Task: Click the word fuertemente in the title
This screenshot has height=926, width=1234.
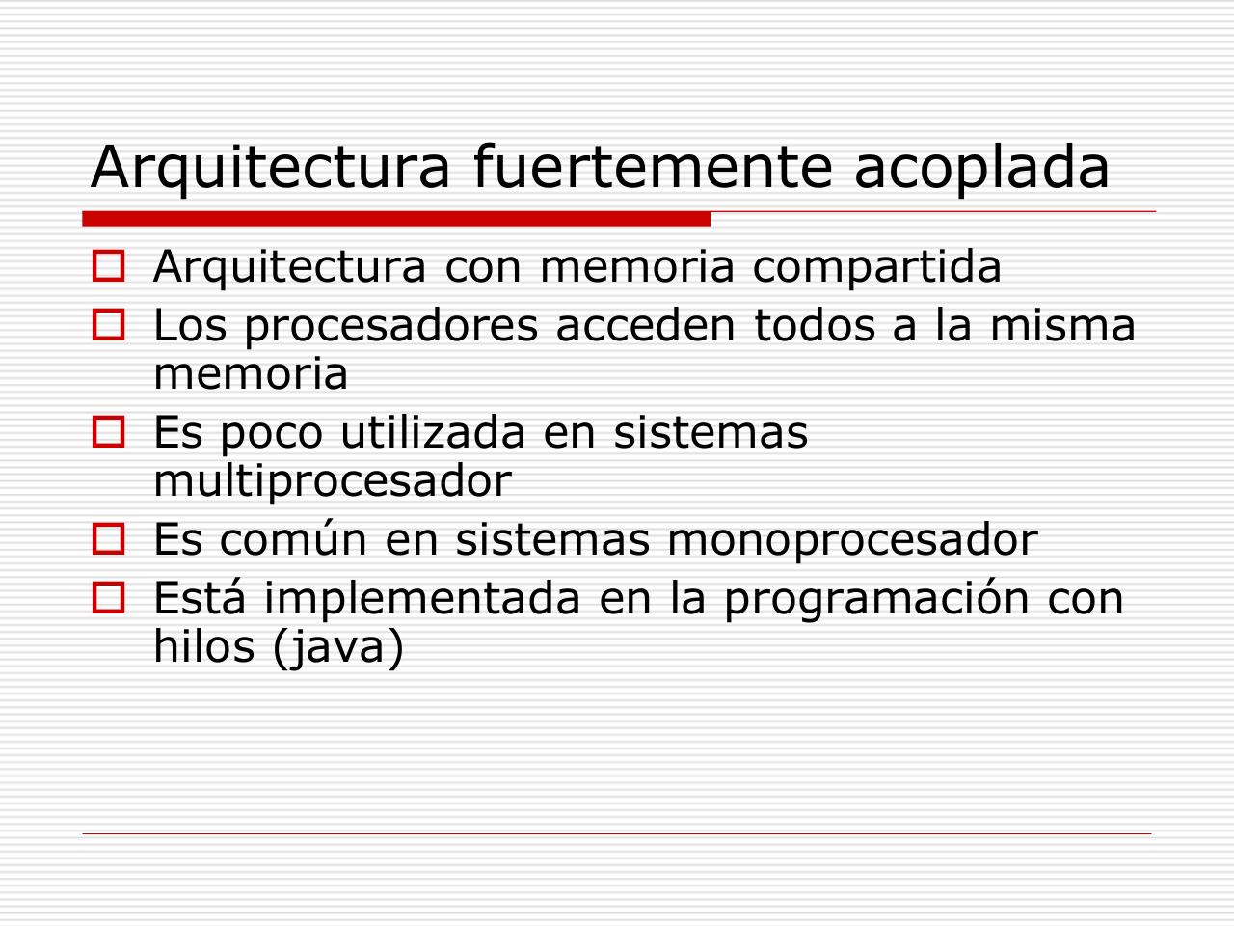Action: coord(652,166)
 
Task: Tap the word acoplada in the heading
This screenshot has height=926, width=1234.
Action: coord(982,166)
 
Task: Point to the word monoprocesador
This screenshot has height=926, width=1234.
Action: coord(851,540)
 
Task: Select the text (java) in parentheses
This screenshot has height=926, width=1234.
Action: coord(337,648)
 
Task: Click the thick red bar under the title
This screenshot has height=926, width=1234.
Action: coord(396,219)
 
